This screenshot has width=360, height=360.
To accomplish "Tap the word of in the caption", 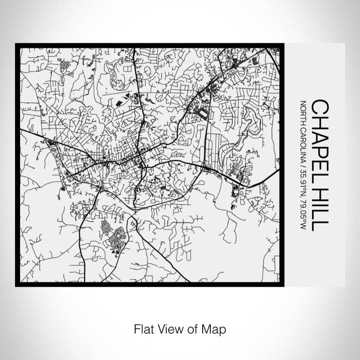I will (191, 328).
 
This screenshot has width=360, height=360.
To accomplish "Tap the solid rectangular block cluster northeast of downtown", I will (204, 114).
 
